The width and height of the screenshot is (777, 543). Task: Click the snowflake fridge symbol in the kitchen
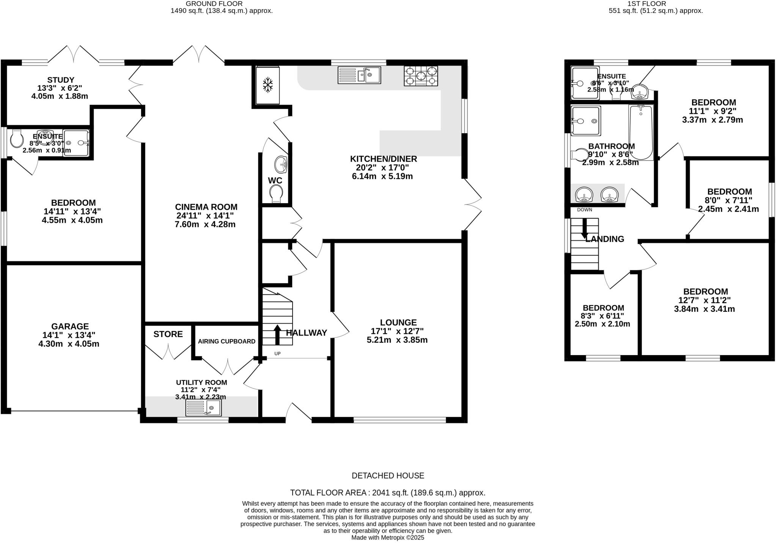(x=268, y=85)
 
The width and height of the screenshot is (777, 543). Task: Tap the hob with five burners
(x=421, y=76)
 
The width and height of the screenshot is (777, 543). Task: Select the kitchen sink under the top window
(x=359, y=75)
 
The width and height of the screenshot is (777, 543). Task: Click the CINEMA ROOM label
(x=206, y=207)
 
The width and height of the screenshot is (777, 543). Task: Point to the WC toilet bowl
(x=276, y=193)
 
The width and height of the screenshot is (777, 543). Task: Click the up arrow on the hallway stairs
(x=277, y=334)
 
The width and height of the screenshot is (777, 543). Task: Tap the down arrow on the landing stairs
(x=584, y=228)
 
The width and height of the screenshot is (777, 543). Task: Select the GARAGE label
(x=70, y=326)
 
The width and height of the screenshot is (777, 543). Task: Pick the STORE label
(x=168, y=334)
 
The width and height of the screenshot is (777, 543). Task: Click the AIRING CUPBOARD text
(x=226, y=341)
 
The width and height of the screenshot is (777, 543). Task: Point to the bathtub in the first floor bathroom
(x=641, y=132)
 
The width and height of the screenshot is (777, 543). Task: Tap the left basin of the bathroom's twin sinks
(x=584, y=195)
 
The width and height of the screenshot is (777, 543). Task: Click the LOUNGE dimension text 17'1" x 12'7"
(x=397, y=331)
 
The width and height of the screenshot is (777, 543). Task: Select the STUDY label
(x=61, y=80)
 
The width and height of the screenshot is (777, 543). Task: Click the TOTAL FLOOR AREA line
(x=388, y=493)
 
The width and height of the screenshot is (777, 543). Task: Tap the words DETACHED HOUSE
(x=388, y=475)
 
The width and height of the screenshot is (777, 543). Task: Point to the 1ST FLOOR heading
(x=652, y=3)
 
